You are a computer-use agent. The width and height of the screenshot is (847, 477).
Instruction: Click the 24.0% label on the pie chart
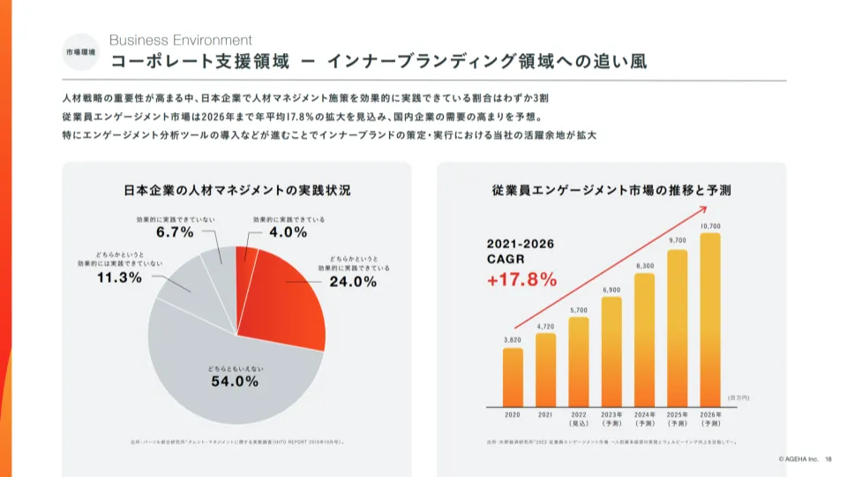click(353, 282)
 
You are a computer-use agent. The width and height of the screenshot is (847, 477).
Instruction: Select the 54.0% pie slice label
click(234, 382)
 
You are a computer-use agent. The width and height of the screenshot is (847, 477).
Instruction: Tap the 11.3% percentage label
click(118, 277)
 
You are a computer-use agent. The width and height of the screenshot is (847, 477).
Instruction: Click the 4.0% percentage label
click(288, 232)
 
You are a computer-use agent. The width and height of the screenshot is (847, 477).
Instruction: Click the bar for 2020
click(513, 375)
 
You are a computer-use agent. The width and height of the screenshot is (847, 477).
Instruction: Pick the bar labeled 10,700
click(710, 318)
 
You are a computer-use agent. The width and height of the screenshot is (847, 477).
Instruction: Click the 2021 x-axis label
click(545, 414)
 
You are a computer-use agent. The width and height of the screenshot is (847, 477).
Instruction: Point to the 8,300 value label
click(645, 266)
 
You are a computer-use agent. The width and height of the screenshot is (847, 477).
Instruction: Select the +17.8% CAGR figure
click(521, 280)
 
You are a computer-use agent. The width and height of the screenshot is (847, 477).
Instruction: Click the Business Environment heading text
click(180, 40)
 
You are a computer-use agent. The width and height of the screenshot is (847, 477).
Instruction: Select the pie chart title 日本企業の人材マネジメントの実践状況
click(236, 190)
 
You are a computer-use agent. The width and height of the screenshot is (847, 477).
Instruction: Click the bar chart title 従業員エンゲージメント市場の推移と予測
click(611, 190)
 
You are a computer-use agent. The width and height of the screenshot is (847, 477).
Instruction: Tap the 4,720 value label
click(545, 327)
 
